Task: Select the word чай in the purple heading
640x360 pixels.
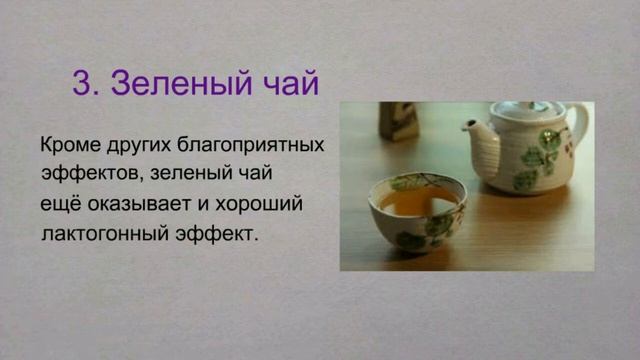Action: coord(289,83)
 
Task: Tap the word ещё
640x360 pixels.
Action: coord(61,204)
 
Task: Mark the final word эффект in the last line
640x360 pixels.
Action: coord(215,234)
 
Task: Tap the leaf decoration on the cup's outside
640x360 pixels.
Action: coord(411,240)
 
